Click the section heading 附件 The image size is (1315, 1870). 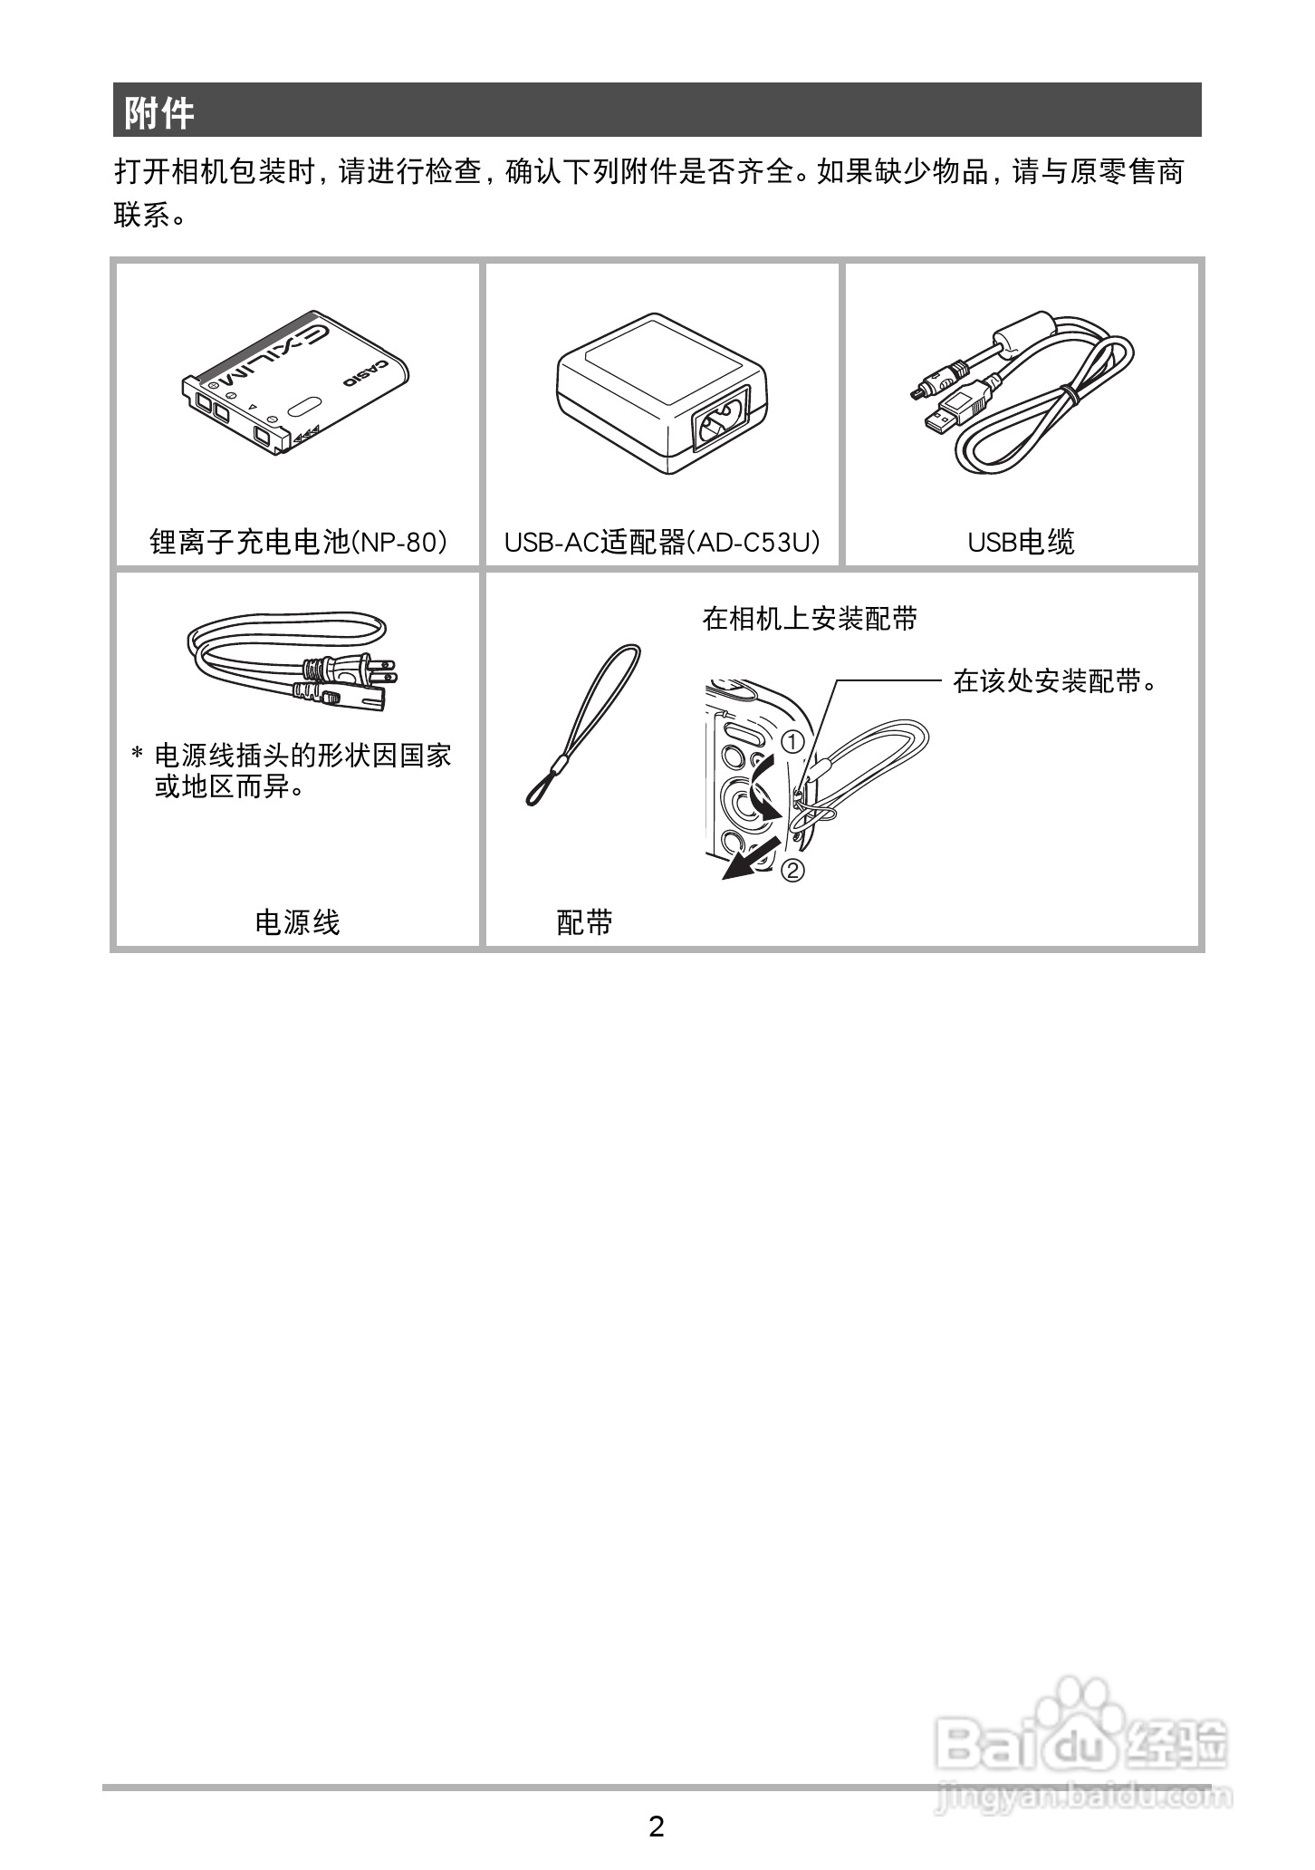coord(159,113)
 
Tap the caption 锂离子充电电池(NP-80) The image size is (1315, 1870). coord(298,542)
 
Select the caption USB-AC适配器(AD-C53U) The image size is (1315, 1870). coord(662,542)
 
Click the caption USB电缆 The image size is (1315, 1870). coord(1021,542)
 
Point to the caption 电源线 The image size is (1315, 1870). coord(297,922)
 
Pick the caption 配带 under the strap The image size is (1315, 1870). coord(584,922)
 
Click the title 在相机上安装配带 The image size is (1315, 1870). coord(810,619)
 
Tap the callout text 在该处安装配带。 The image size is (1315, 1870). coord(1055,681)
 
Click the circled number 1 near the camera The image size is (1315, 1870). coord(792,742)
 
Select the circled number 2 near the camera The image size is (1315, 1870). coord(792,871)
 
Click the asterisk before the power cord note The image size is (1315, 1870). coord(138,755)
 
